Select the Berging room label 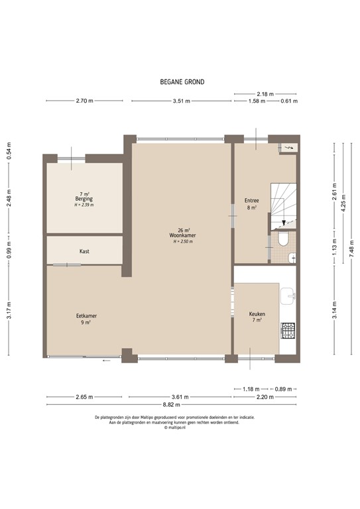pyautogui.click(x=84, y=199)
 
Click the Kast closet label pyautogui.click(x=84, y=251)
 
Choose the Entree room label pyautogui.click(x=251, y=201)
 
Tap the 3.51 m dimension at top pyautogui.click(x=182, y=101)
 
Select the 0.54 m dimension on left pyautogui.click(x=9, y=152)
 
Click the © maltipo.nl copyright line pyautogui.click(x=176, y=428)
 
